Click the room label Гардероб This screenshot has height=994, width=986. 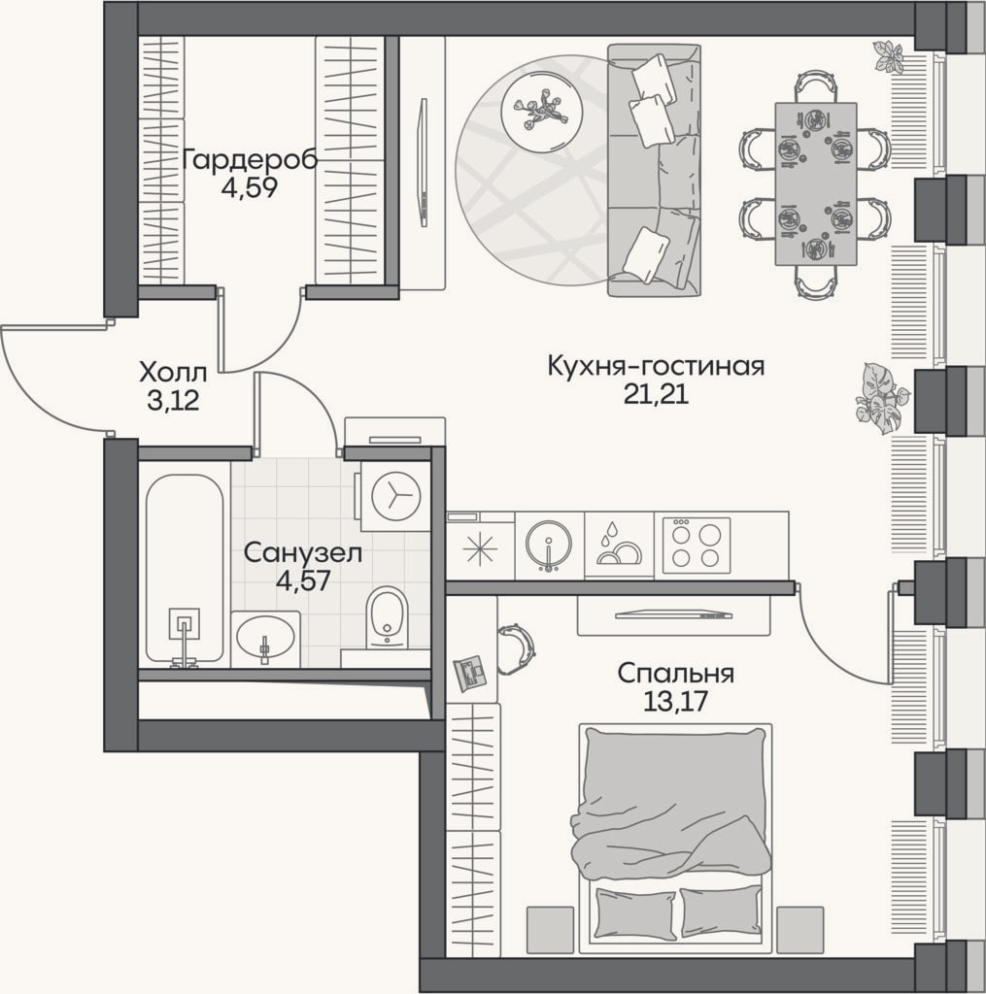click(250, 160)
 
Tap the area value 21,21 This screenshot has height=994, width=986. click(656, 394)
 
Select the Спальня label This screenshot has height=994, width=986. click(676, 674)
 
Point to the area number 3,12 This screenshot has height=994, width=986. click(173, 401)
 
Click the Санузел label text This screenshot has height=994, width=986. click(303, 552)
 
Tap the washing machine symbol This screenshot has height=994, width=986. click(396, 495)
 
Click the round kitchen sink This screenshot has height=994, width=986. click(549, 544)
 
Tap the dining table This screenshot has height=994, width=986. click(815, 183)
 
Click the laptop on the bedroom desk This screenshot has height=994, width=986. click(470, 674)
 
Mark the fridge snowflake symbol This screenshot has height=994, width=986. click(480, 549)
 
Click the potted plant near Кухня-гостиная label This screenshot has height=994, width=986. click(882, 397)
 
